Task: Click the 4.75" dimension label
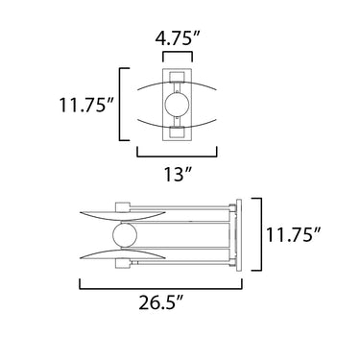(x=178, y=39)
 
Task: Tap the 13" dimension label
(x=178, y=175)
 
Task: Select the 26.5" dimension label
(x=161, y=302)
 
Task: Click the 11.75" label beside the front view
(x=86, y=105)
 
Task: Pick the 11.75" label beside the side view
(x=294, y=235)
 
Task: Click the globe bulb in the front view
(x=178, y=105)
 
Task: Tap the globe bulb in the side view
(x=125, y=235)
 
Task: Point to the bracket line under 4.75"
(x=178, y=53)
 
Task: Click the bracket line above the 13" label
(x=178, y=156)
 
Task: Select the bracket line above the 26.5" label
(x=161, y=288)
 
